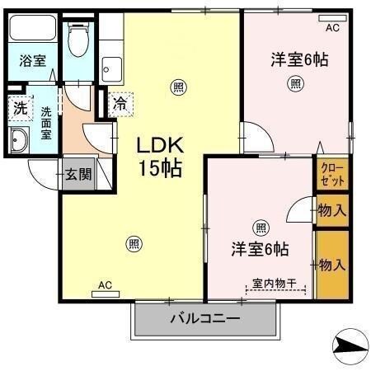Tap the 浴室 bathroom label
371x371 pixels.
pos(34,61)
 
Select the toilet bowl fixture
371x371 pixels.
pos(78,40)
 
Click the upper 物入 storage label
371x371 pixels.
pos(331,211)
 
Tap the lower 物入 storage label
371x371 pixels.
pos(331,265)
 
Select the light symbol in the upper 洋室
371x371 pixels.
pos(294,82)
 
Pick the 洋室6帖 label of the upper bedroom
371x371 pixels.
pos(294,59)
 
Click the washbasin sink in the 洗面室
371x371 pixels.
pos(19,141)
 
